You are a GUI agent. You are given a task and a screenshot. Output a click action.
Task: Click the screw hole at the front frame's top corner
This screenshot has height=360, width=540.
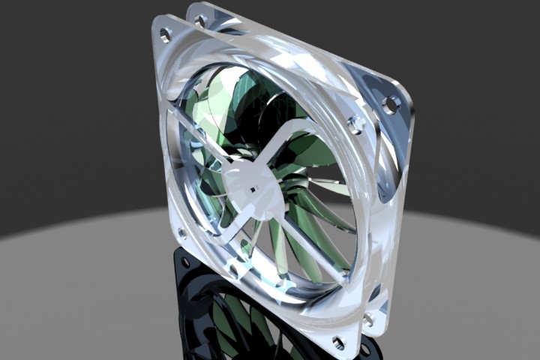165,33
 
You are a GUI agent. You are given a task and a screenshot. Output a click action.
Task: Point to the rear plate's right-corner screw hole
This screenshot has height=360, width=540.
389,105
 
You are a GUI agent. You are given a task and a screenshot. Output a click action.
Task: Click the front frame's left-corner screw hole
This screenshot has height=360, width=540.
181,235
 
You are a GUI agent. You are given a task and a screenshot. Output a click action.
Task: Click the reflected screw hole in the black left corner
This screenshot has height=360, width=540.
184,262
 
